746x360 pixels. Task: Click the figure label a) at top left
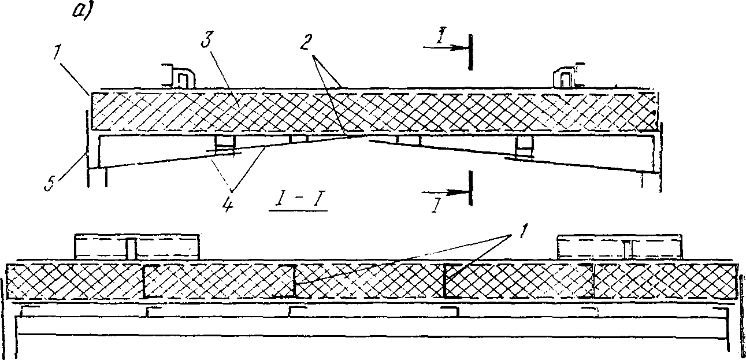[80, 12]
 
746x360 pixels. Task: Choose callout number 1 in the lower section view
[523, 230]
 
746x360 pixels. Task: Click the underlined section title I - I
[298, 202]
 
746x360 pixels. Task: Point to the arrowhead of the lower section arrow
[457, 192]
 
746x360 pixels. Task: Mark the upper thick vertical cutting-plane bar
[470, 52]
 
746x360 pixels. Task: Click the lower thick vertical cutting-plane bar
[470, 188]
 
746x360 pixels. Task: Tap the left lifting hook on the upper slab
[179, 76]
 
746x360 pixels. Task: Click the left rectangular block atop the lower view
[137, 247]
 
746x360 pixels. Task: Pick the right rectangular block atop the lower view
[620, 247]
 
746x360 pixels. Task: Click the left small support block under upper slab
[225, 145]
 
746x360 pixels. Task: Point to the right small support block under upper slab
[524, 147]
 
